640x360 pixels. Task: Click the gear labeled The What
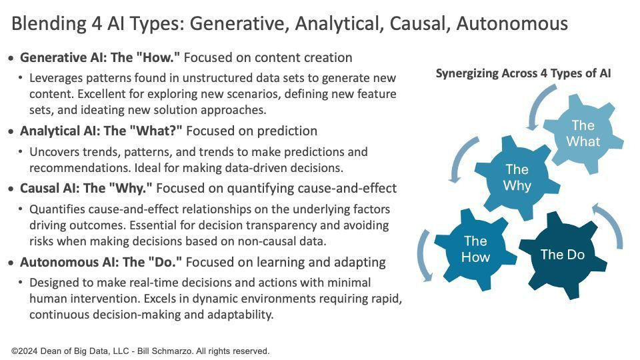[583, 133]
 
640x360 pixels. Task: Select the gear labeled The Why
[517, 177]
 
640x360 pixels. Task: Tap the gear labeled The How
[475, 249]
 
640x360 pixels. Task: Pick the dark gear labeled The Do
[563, 255]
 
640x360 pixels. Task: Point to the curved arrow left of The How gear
[421, 256]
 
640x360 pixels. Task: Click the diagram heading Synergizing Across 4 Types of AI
[523, 73]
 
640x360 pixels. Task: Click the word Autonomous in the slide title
[512, 23]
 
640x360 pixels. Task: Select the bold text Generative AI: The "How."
[100, 57]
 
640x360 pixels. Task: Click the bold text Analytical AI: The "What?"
[101, 131]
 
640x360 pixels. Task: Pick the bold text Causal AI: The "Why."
[86, 188]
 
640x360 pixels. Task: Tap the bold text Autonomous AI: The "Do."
[101, 262]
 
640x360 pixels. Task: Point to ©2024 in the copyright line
[25, 351]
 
